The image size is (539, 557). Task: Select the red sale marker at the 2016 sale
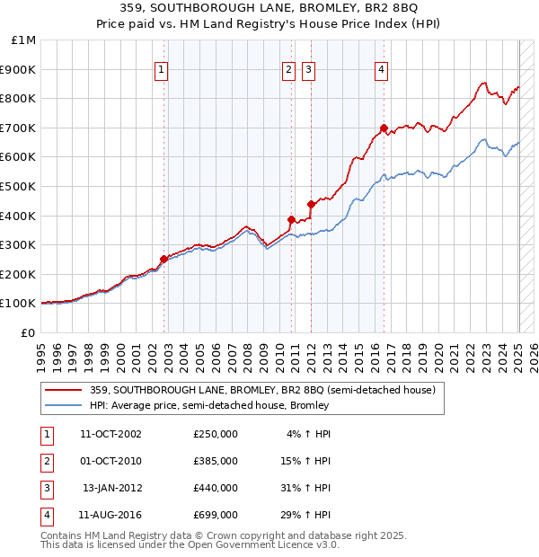pyautogui.click(x=384, y=128)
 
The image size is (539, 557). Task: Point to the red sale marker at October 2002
pyautogui.click(x=163, y=260)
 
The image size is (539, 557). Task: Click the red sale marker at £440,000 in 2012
pyautogui.click(x=311, y=204)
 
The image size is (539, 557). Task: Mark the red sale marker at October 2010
pyautogui.click(x=291, y=219)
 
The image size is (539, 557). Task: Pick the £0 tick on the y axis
pyautogui.click(x=29, y=332)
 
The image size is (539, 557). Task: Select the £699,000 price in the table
pyautogui.click(x=216, y=515)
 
